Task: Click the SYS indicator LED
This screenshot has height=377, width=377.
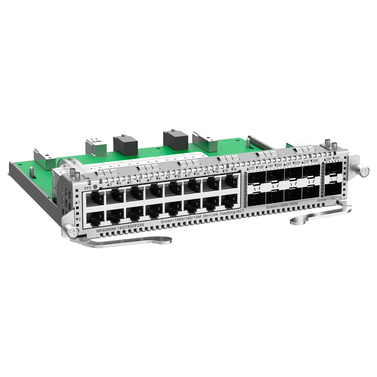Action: pos(95,186)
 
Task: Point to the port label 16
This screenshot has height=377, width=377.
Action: pos(234,170)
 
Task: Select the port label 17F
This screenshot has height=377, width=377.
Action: pos(251,164)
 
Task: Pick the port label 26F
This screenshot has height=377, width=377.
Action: pos(336,159)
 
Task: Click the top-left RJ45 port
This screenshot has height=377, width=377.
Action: pos(95,198)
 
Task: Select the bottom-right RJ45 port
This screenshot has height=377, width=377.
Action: pos(229,204)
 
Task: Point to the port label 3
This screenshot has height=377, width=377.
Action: pos(109,184)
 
